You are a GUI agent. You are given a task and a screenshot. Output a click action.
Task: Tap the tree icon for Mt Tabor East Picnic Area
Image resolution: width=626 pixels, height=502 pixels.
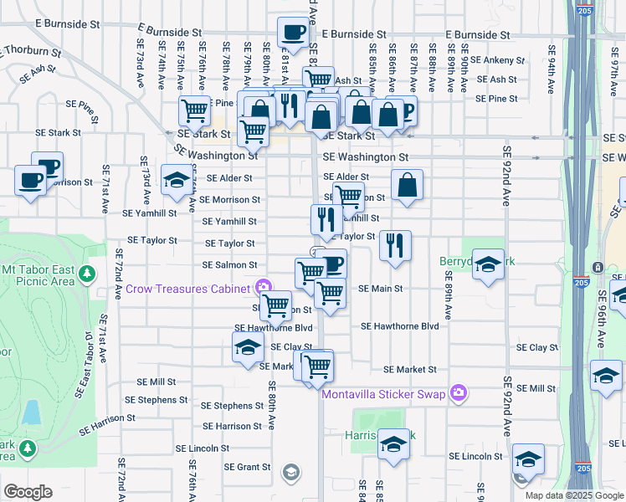[86, 273]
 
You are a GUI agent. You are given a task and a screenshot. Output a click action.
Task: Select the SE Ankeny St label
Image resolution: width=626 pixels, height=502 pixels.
[496, 60]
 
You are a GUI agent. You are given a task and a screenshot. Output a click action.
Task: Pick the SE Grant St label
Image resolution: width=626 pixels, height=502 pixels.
[247, 467]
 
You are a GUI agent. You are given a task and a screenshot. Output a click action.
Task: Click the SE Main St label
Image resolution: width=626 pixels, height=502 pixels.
[381, 289]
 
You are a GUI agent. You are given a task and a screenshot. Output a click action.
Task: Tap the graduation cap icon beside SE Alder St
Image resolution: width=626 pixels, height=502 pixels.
[176, 181]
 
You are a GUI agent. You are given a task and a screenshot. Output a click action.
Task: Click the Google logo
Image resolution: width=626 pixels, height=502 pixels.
[28, 492]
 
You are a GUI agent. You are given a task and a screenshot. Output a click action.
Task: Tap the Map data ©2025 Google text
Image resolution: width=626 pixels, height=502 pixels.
[574, 495]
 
